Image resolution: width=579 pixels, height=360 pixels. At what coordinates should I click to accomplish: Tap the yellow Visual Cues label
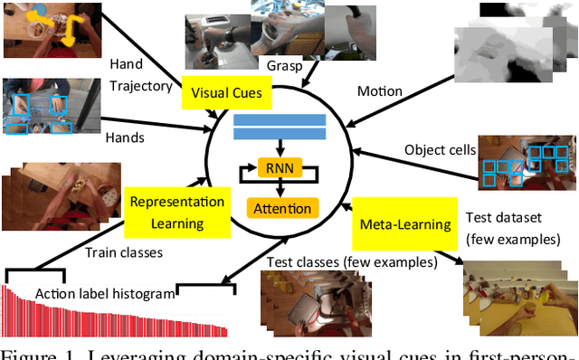(x=226, y=93)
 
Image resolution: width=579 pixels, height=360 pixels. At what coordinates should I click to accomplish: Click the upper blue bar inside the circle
(x=279, y=119)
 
